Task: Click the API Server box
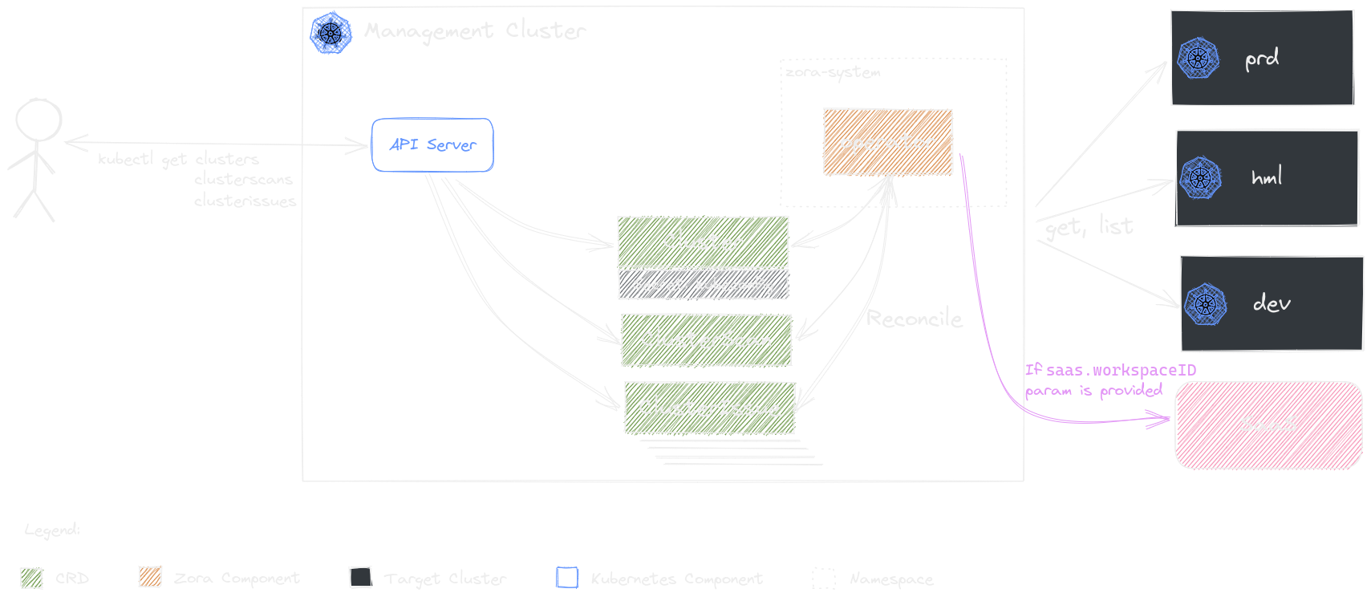coord(432,145)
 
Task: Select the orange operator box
coord(888,142)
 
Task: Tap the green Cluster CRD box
coord(703,241)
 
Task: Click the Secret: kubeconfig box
coord(703,284)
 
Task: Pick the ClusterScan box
coord(706,339)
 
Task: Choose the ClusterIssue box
coord(709,408)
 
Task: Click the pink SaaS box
coord(1268,424)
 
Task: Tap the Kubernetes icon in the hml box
coord(1200,177)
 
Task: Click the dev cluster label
coord(1272,303)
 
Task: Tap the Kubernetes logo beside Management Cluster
coord(331,33)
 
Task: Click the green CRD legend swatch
coord(31,578)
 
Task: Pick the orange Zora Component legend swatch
coord(150,577)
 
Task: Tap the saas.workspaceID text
coord(1121,370)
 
